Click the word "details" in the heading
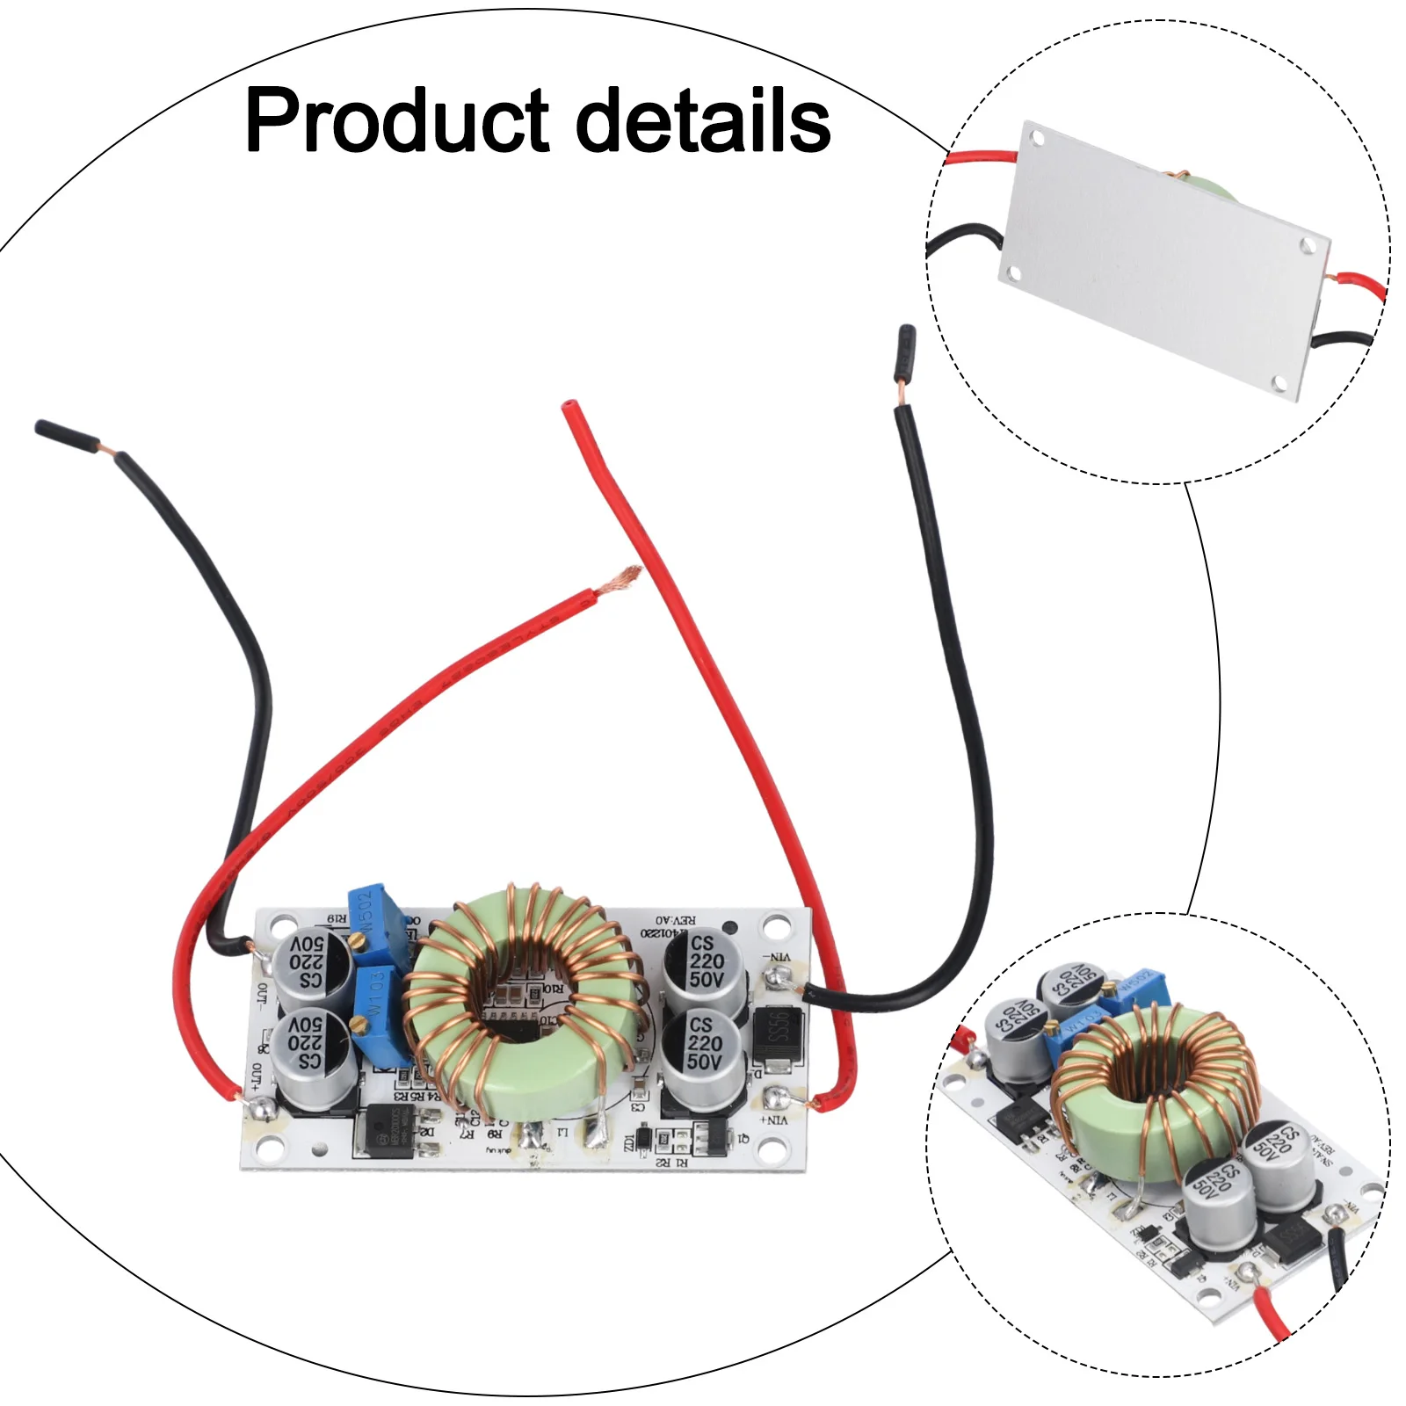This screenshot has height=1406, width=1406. (703, 120)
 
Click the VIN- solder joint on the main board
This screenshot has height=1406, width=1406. (775, 976)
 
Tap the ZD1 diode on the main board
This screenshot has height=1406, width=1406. (643, 1139)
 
